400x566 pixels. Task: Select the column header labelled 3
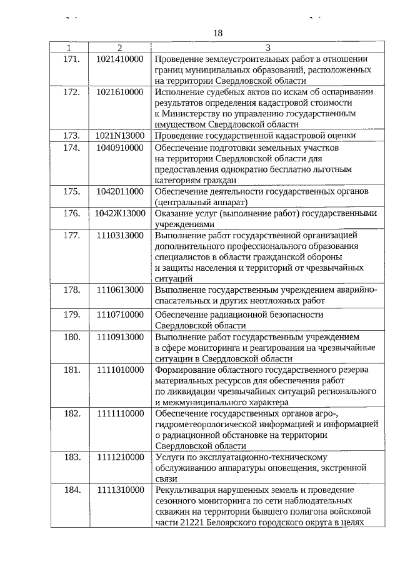[268, 48]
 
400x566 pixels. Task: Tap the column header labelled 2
[120, 48]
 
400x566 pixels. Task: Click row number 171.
[72, 59]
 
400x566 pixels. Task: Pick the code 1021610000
[120, 92]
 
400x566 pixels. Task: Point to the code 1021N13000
[120, 135]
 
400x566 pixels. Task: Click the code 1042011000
[120, 191]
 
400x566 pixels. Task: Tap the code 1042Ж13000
[120, 213]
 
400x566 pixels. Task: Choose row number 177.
[72, 235]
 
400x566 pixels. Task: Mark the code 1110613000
[120, 290]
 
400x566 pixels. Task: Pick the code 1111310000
[120, 490]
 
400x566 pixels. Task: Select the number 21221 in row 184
[186, 523]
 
